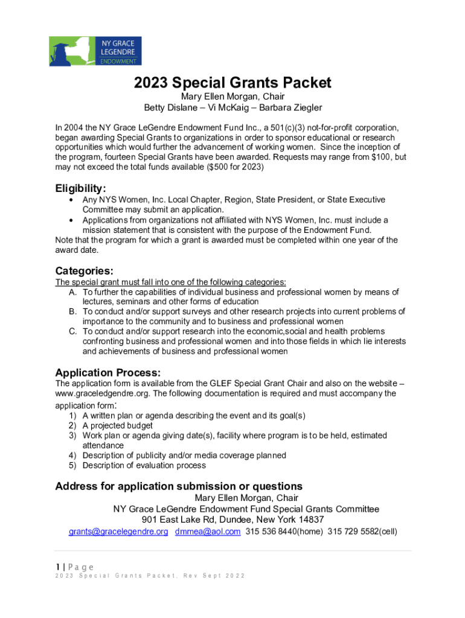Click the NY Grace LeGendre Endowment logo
coord(95,51)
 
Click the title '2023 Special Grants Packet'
coord(232,83)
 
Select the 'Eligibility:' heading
coord(80,188)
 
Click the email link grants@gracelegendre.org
coord(118,532)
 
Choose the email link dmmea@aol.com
coord(208,532)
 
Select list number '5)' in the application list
coord(72,465)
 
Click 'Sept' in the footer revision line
coord(211,576)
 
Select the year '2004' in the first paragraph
coord(74,128)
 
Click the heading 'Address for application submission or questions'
coord(179,486)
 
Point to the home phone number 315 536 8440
coord(268,532)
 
